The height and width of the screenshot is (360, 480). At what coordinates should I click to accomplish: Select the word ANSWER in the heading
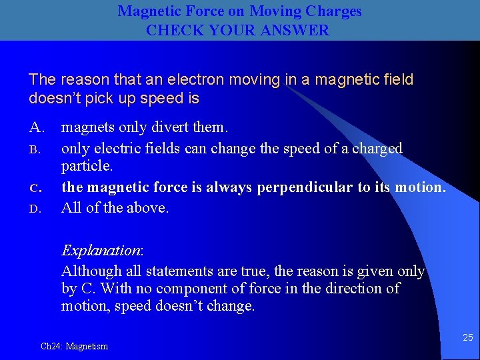(297, 30)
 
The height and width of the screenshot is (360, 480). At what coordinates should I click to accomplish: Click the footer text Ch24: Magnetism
(74, 346)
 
